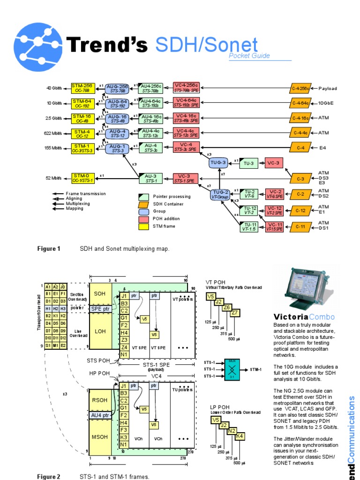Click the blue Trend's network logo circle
(38, 47)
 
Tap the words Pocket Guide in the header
(249, 56)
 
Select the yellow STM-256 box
(82, 88)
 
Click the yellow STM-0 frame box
(82, 178)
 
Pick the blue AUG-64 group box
(117, 103)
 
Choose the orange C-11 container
(300, 226)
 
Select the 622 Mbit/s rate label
(53, 133)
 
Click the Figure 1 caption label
(49, 249)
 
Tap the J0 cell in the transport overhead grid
(63, 287)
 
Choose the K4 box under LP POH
(239, 436)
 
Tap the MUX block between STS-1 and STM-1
(230, 369)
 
